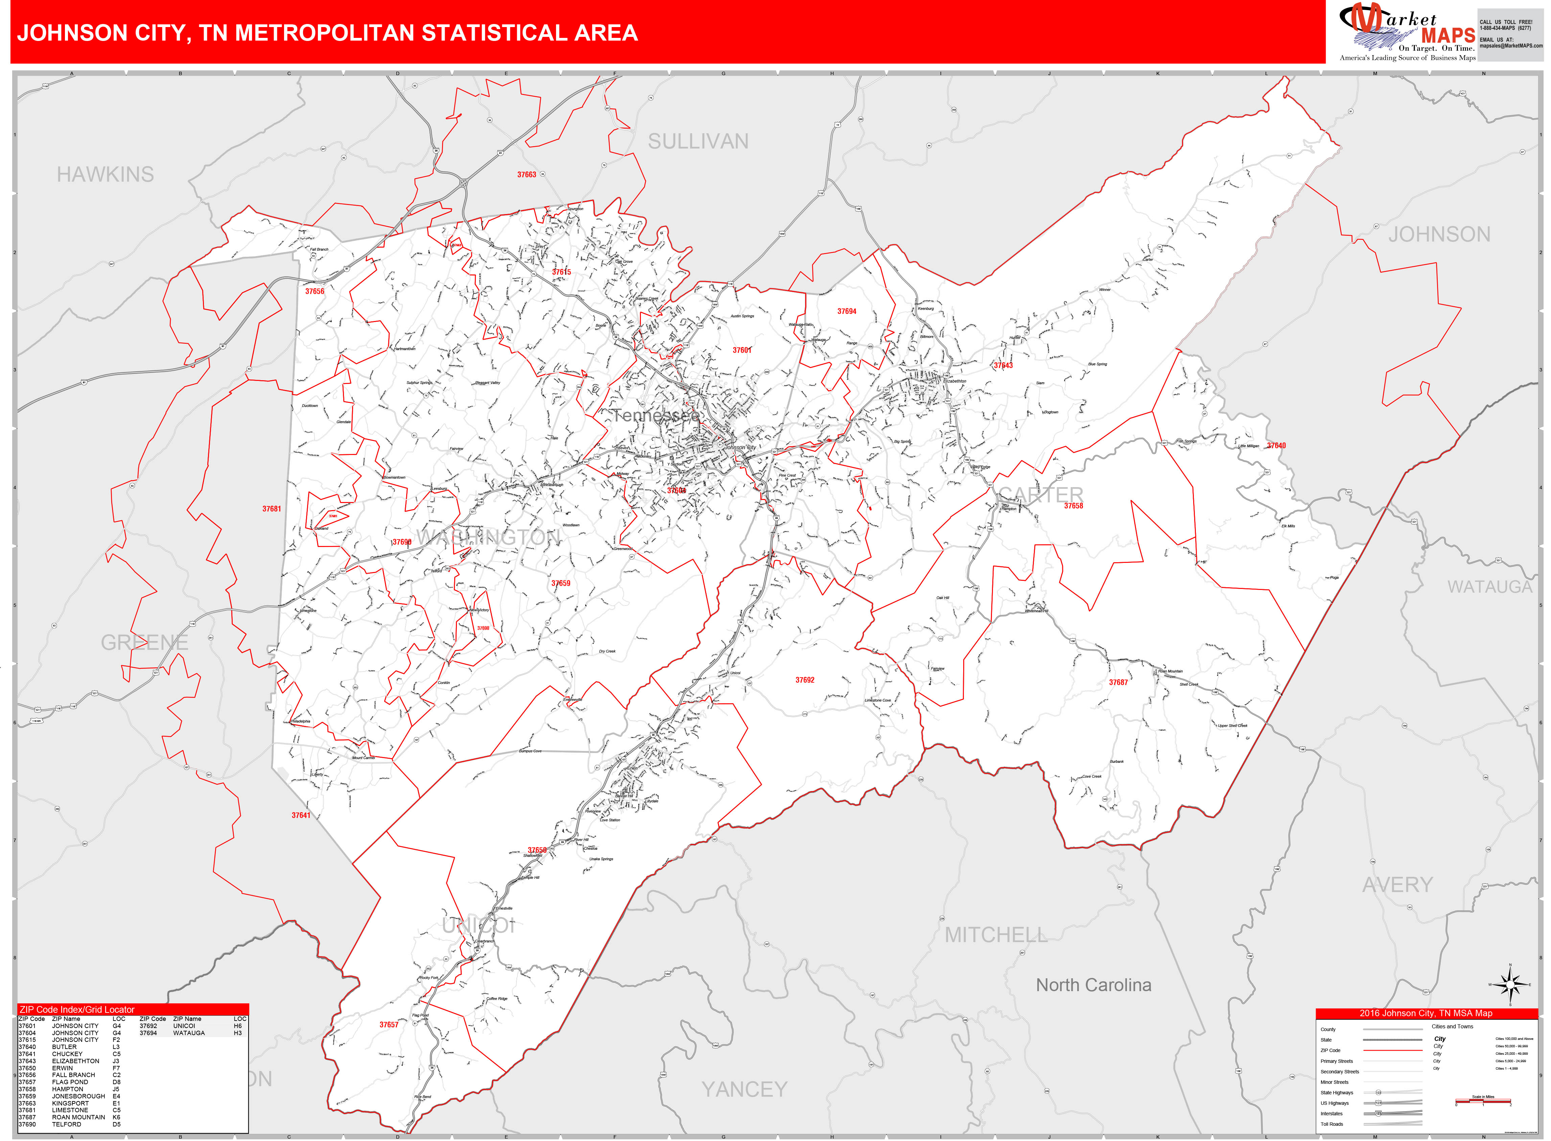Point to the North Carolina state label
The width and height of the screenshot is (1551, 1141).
pos(1093,985)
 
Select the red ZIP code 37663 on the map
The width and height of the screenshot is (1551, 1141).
pos(526,175)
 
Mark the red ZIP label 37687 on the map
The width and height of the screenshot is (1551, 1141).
pos(1118,682)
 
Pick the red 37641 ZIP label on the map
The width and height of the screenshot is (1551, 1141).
pos(300,816)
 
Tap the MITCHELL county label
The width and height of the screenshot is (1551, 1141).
pos(996,935)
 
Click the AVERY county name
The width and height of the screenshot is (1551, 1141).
pos(1397,885)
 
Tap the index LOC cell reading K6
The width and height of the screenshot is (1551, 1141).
pos(116,1117)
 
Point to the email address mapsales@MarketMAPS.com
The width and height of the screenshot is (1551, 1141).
pos(1511,46)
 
